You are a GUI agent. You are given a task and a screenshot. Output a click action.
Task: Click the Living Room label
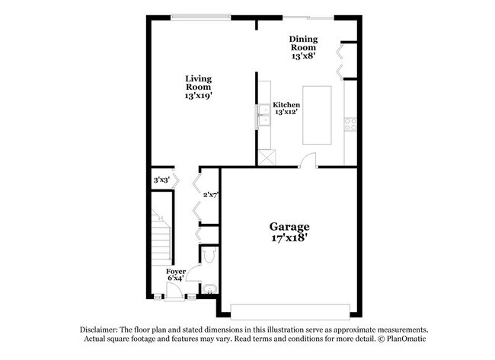click(200, 82)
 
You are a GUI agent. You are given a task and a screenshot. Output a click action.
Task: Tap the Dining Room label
click(303, 44)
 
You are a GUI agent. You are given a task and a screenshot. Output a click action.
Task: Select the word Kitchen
click(286, 104)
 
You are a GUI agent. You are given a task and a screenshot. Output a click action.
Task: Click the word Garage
click(290, 226)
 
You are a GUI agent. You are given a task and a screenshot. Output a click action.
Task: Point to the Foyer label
click(175, 271)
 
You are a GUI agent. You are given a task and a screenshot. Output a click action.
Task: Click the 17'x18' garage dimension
click(290, 237)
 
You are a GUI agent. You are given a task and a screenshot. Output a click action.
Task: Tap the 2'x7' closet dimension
click(211, 194)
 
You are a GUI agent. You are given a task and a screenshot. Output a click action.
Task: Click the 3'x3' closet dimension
click(161, 180)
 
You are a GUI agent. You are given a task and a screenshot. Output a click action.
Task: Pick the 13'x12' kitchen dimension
click(286, 113)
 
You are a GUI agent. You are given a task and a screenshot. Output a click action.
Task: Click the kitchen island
click(318, 115)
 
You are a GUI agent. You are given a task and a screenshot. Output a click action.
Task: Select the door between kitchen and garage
click(307, 161)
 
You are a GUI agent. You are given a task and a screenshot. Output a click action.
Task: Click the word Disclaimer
click(104, 330)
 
